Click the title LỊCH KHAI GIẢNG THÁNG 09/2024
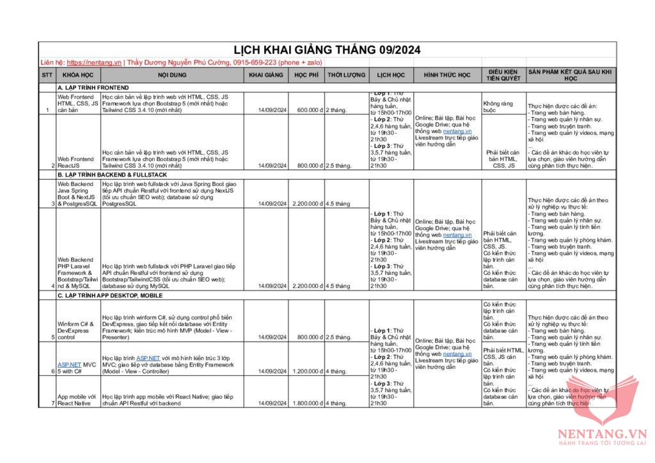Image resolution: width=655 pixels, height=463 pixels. (327, 50)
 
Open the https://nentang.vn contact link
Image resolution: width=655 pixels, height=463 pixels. (93, 63)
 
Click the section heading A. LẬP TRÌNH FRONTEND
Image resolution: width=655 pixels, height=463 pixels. (93, 87)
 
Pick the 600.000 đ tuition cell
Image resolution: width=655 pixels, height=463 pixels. (310, 110)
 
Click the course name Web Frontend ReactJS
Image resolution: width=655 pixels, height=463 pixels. (75, 162)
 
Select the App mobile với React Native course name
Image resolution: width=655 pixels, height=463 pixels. (76, 400)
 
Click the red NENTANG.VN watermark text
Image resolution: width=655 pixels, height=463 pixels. (603, 433)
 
